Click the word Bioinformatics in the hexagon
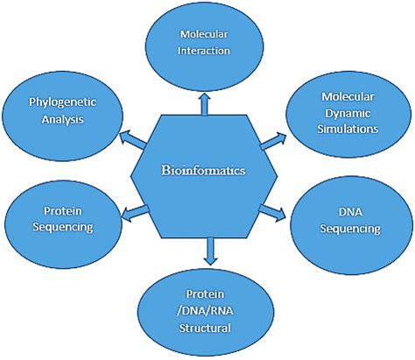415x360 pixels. click(x=203, y=170)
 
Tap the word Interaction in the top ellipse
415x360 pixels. click(x=204, y=51)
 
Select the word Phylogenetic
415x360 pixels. click(x=62, y=103)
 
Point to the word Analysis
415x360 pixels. click(x=62, y=119)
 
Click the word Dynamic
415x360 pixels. click(x=348, y=114)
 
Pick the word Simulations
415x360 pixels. click(x=348, y=129)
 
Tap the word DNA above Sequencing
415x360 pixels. click(x=350, y=212)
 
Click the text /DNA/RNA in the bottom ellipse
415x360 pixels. click(x=205, y=311)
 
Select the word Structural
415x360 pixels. click(x=205, y=328)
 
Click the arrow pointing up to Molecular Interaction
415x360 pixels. click(x=204, y=104)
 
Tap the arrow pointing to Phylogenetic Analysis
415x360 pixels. click(x=133, y=139)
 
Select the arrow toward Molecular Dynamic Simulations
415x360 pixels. click(x=273, y=141)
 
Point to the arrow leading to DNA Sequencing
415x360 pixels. click(x=272, y=214)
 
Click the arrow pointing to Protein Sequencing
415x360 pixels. click(x=135, y=212)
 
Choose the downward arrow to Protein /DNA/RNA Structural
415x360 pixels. click(x=211, y=251)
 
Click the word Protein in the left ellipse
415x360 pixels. click(x=63, y=211)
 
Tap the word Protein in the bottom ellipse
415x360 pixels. click(x=205, y=293)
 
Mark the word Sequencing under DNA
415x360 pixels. click(x=350, y=229)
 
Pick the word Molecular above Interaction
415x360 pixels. click(x=204, y=34)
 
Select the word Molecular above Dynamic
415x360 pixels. click(x=348, y=96)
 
